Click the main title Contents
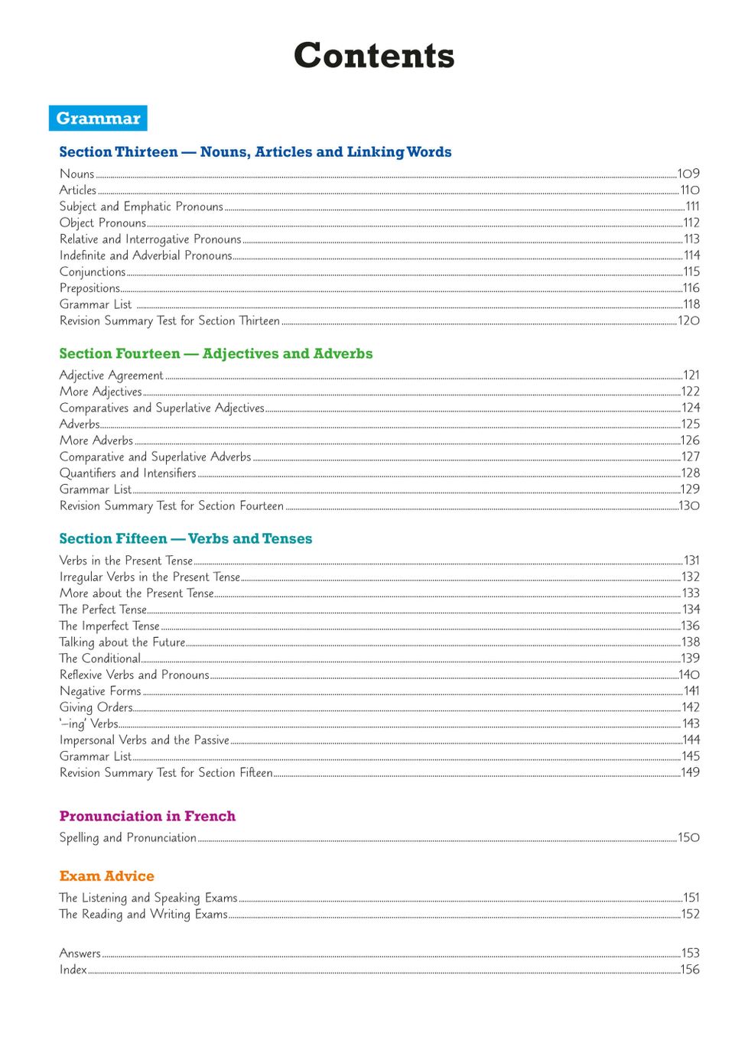pos(374,56)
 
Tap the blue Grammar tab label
pos(98,119)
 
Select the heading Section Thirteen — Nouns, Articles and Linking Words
pos(255,152)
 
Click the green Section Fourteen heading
pos(216,353)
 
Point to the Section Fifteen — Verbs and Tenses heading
pos(186,538)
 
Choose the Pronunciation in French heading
pos(148,816)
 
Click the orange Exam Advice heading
pos(107,876)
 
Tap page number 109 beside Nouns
pos(688,174)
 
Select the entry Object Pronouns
pos(102,223)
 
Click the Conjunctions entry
pos(93,271)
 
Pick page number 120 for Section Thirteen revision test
pos(688,320)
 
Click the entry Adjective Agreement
pos(112,375)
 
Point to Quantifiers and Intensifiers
pos(128,473)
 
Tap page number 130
pos(689,505)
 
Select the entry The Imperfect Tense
pos(109,626)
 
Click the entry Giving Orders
pos(96,707)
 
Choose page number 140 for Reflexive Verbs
pos(689,674)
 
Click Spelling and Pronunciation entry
pos(128,837)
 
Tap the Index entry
pos(73,970)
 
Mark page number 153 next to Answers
pos(690,953)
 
